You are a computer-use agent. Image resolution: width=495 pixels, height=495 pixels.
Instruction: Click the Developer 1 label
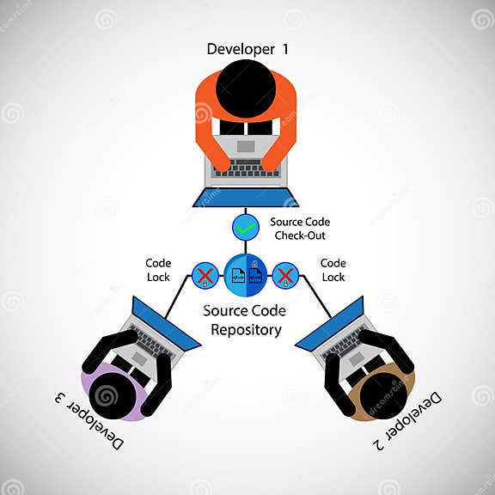pos(247,49)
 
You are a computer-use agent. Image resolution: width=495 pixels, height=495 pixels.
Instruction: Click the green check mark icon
pos(247,228)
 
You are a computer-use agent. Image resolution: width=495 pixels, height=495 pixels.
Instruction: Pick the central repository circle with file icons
pos(247,276)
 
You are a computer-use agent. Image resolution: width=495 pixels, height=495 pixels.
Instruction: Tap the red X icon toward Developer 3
pos(205,276)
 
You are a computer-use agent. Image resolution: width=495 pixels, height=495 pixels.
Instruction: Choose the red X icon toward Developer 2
pos(286,276)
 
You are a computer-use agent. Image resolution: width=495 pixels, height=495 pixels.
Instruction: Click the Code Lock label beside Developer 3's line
pos(158,270)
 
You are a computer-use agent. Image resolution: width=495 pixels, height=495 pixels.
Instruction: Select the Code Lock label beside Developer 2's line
pos(333,270)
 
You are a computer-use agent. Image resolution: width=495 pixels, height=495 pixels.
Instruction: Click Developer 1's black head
pos(246,89)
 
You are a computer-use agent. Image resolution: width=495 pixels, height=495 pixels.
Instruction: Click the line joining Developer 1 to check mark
pos(247,211)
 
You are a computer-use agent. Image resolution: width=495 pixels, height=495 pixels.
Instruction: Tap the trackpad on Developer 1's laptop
pos(247,147)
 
